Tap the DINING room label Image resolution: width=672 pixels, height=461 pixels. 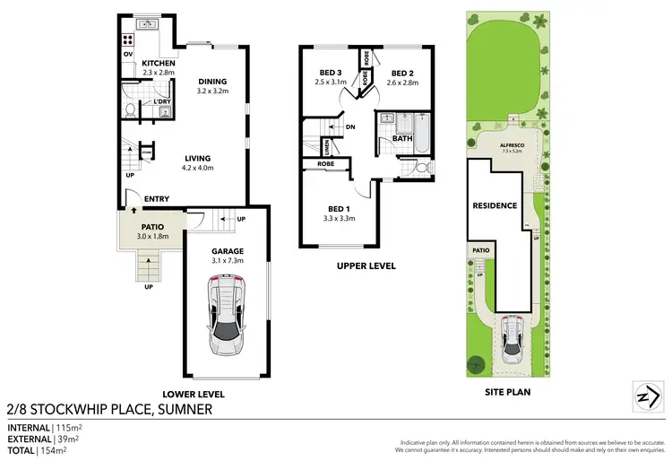click(213, 82)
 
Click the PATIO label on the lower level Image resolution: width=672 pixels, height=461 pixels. click(151, 227)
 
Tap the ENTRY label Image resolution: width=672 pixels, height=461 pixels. click(157, 199)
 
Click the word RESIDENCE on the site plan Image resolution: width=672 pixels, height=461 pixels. click(495, 205)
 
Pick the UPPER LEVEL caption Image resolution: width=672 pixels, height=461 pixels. click(366, 265)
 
